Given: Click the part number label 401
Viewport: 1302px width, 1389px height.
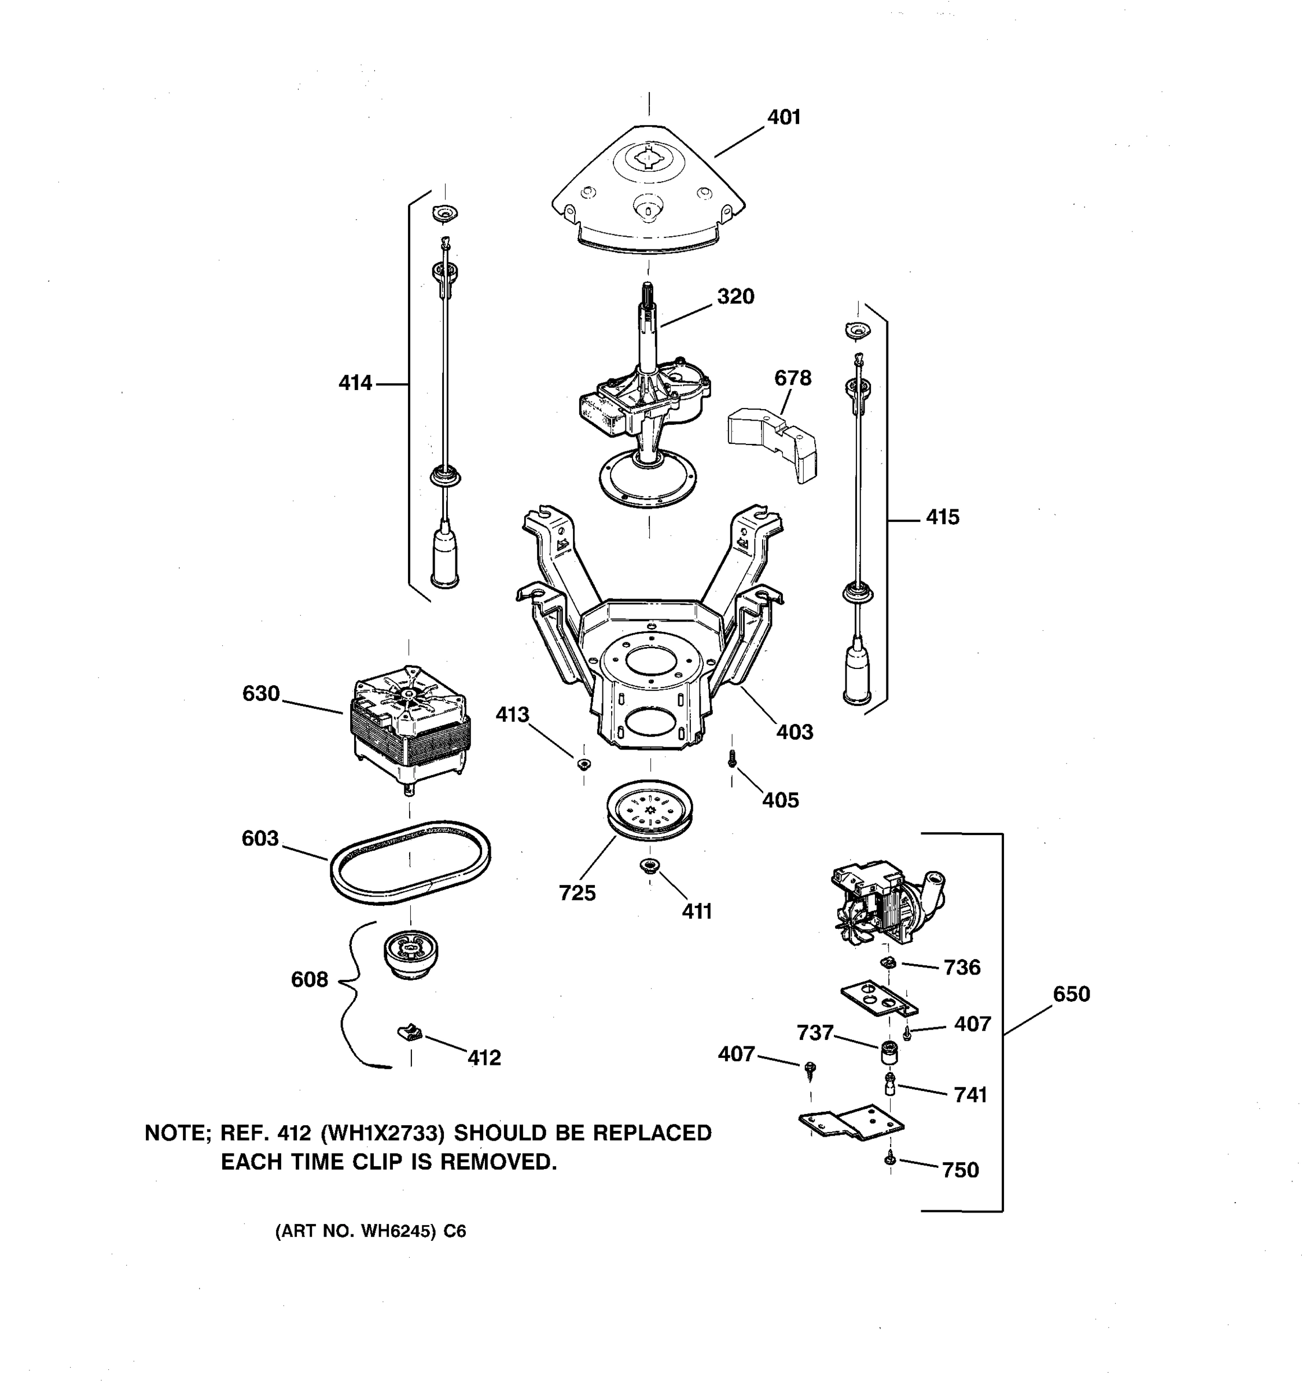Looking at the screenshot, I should [784, 117].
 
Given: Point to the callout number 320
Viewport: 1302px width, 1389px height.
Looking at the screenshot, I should [735, 297].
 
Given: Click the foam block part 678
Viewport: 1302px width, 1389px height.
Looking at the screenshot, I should [773, 444].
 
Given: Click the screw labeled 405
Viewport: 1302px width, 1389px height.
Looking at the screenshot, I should [732, 758].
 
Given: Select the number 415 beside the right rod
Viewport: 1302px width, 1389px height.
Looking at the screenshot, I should [942, 518].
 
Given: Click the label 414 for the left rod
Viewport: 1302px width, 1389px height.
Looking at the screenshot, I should [355, 384].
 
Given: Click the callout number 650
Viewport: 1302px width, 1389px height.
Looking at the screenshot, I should [1071, 994].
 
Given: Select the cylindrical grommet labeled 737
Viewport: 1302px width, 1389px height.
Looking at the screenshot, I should [888, 1051].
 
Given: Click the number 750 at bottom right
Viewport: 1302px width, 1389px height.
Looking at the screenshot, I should [960, 1170].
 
